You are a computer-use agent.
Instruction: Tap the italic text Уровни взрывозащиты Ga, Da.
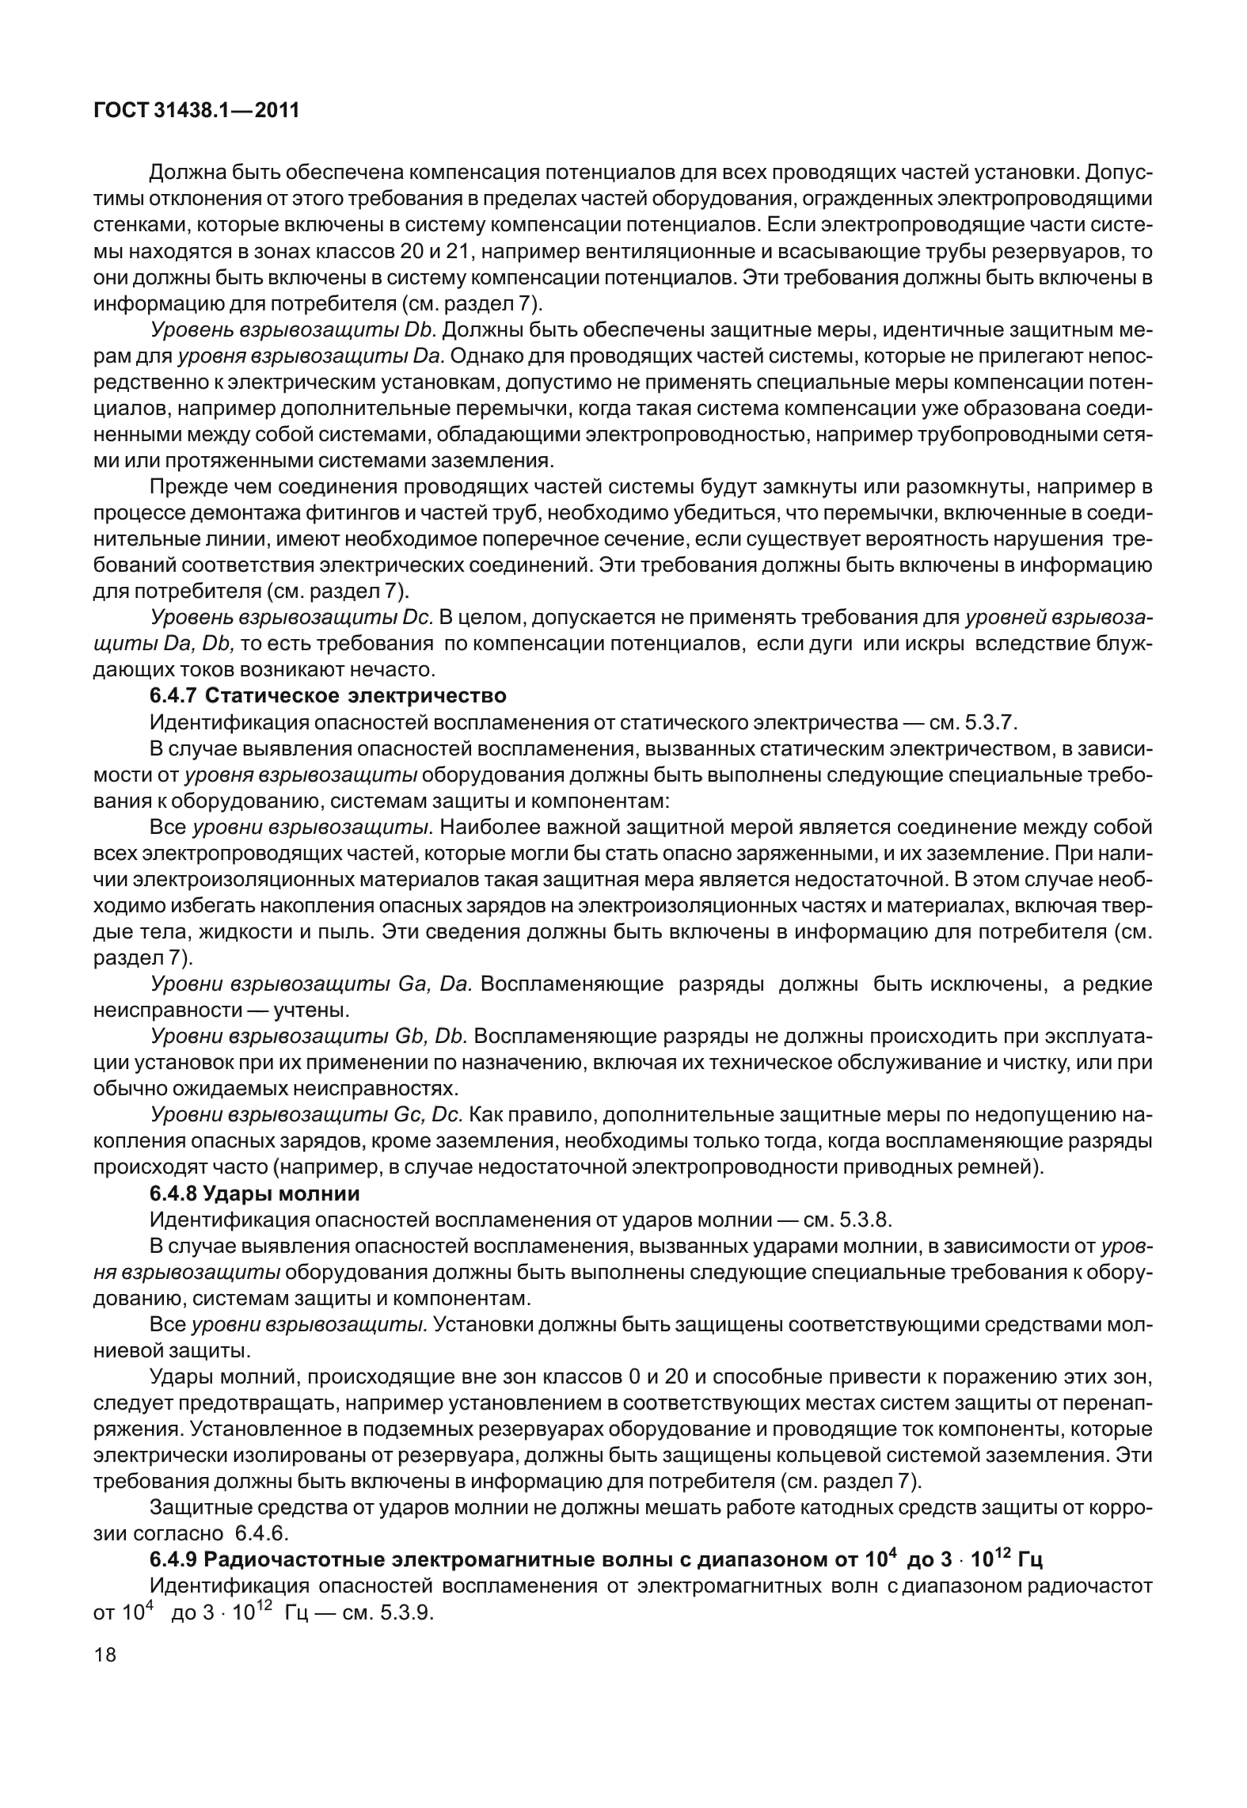[x=311, y=984]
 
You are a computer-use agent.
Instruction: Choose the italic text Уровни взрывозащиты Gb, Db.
[x=311, y=1037]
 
